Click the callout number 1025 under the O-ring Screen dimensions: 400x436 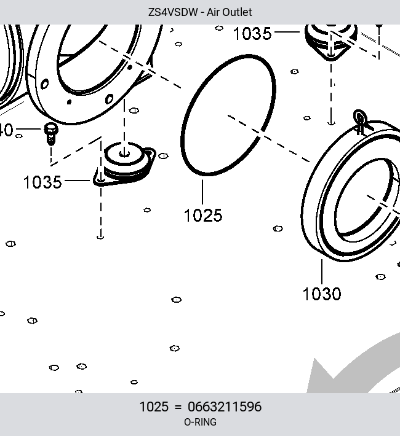[203, 215]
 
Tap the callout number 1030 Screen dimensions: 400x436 [322, 294]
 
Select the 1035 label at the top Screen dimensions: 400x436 [252, 34]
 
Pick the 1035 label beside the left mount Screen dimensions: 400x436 [42, 182]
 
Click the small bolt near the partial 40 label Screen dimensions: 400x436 [51, 134]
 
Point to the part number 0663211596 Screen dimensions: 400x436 [225, 407]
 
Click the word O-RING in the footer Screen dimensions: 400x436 [200, 422]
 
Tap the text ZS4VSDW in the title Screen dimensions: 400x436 [172, 12]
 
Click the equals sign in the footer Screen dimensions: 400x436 [178, 407]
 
